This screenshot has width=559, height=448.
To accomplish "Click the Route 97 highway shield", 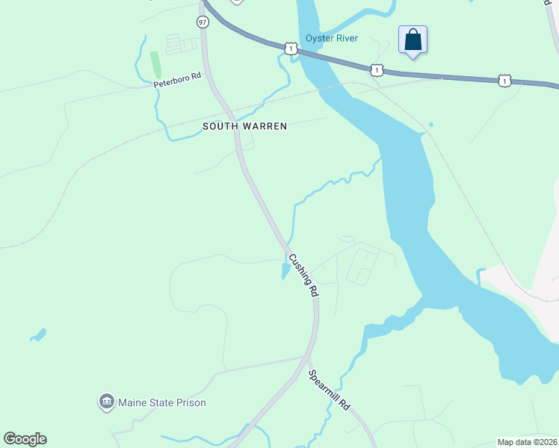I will coord(203,22).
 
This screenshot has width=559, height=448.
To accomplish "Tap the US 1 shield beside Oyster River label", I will coord(290,48).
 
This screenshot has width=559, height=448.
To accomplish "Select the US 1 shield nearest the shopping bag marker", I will coord(377,70).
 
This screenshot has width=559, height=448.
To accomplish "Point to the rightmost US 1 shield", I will coord(505,79).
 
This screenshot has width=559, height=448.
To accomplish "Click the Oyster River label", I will coord(331,39).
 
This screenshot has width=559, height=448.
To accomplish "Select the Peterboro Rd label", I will coord(178,80).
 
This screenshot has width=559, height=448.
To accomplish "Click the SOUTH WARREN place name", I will coord(245,127).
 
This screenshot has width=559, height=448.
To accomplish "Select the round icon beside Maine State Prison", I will coord(106,403).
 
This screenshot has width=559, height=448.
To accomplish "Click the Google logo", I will coord(25,439).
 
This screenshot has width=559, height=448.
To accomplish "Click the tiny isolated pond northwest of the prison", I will coord(38,335).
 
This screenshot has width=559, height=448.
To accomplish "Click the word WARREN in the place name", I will coord(266,127).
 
